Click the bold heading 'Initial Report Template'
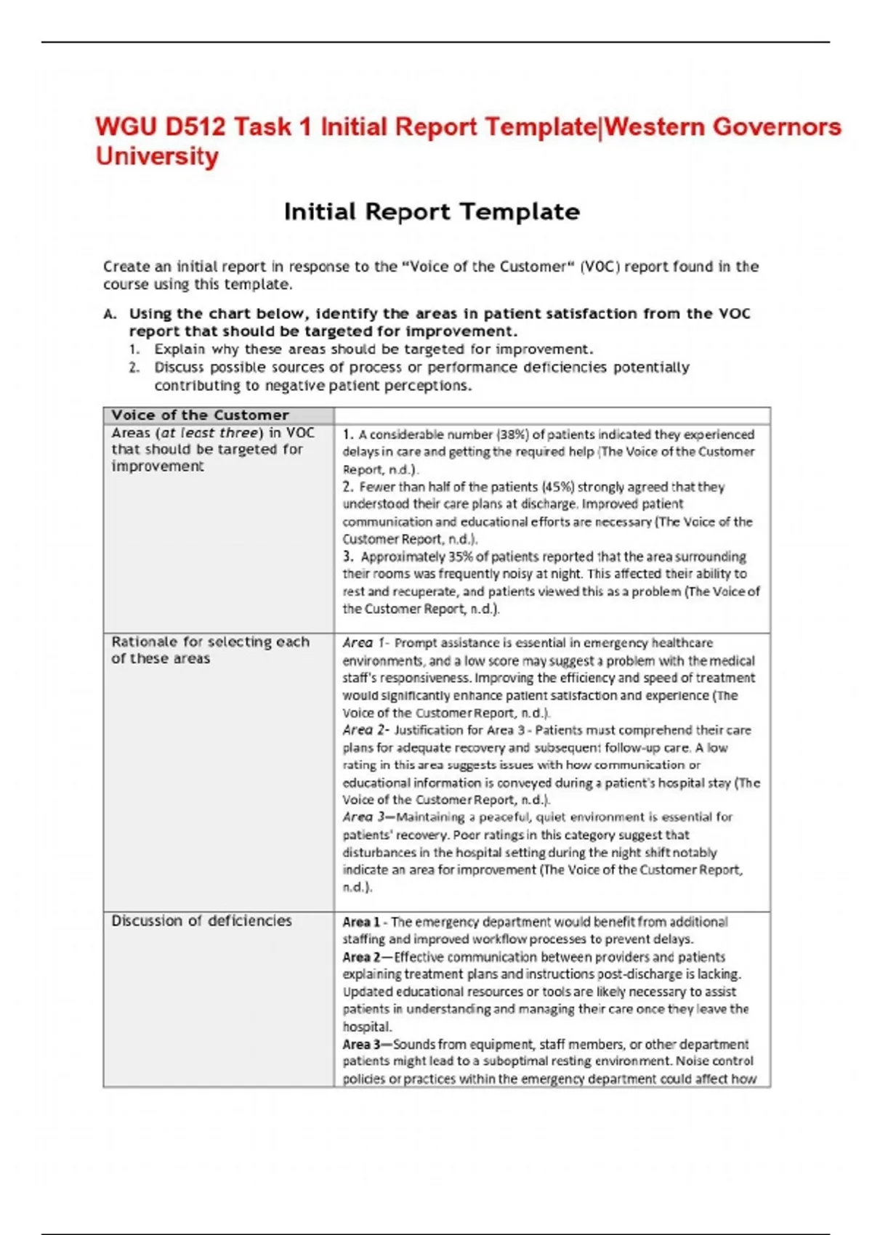tap(432, 212)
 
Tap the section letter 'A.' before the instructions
tap(110, 315)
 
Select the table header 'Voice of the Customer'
tap(200, 416)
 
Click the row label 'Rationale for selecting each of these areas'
tap(210, 650)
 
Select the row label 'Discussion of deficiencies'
tap(201, 921)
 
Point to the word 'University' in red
tap(157, 157)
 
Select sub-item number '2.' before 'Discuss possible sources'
tap(134, 368)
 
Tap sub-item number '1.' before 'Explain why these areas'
tap(134, 349)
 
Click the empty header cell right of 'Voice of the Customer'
tap(552, 416)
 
